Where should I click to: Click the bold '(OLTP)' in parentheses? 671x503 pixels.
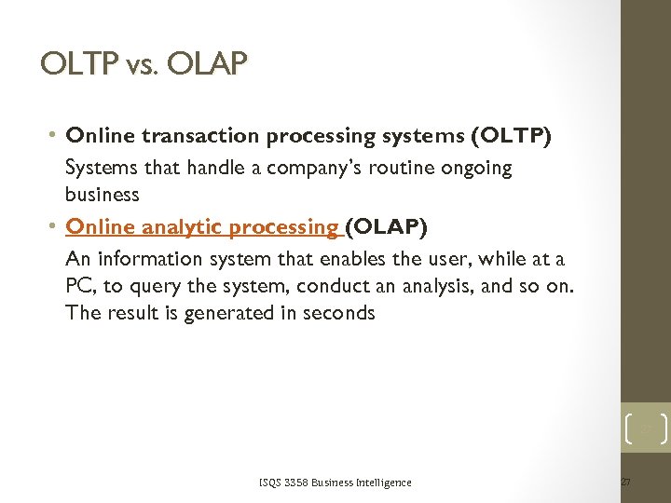tap(512, 136)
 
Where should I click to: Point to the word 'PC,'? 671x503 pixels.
tap(80, 287)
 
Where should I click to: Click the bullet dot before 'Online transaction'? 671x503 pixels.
tap(55, 136)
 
